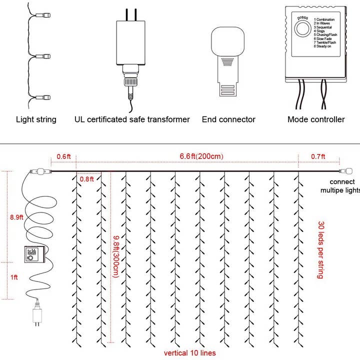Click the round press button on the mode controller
click(x=301, y=29)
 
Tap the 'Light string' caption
click(x=36, y=119)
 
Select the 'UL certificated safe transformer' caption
click(x=132, y=119)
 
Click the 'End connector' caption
click(x=228, y=119)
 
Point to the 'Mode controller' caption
click(x=316, y=119)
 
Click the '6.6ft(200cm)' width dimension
click(x=201, y=156)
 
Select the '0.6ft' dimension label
click(x=63, y=156)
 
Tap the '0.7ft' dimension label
click(x=318, y=156)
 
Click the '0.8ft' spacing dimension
click(x=87, y=179)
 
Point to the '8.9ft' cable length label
click(x=16, y=217)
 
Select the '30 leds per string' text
click(x=320, y=250)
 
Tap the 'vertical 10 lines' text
click(x=190, y=353)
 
